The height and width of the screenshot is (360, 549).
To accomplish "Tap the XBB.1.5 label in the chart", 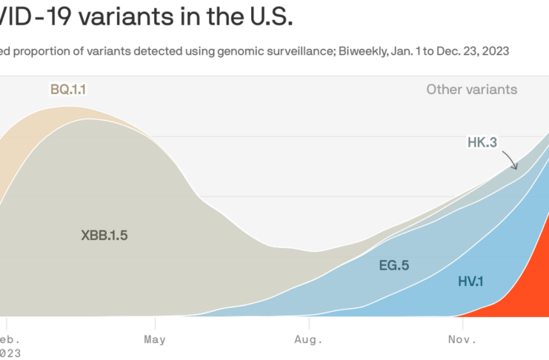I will (x=110, y=236).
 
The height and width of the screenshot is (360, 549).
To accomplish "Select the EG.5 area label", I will (x=393, y=264).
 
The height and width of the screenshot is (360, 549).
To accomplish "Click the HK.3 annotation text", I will (x=482, y=142).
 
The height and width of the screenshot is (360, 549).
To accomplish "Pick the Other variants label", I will (x=472, y=90).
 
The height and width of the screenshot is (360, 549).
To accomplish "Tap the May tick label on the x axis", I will (x=155, y=340).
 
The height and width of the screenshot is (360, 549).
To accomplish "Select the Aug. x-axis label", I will (x=308, y=340).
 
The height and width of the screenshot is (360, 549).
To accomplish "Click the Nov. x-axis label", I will (x=462, y=340).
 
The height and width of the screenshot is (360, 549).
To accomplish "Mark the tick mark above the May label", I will (x=155, y=322).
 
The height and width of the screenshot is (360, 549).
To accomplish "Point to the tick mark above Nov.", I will (x=461, y=322).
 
